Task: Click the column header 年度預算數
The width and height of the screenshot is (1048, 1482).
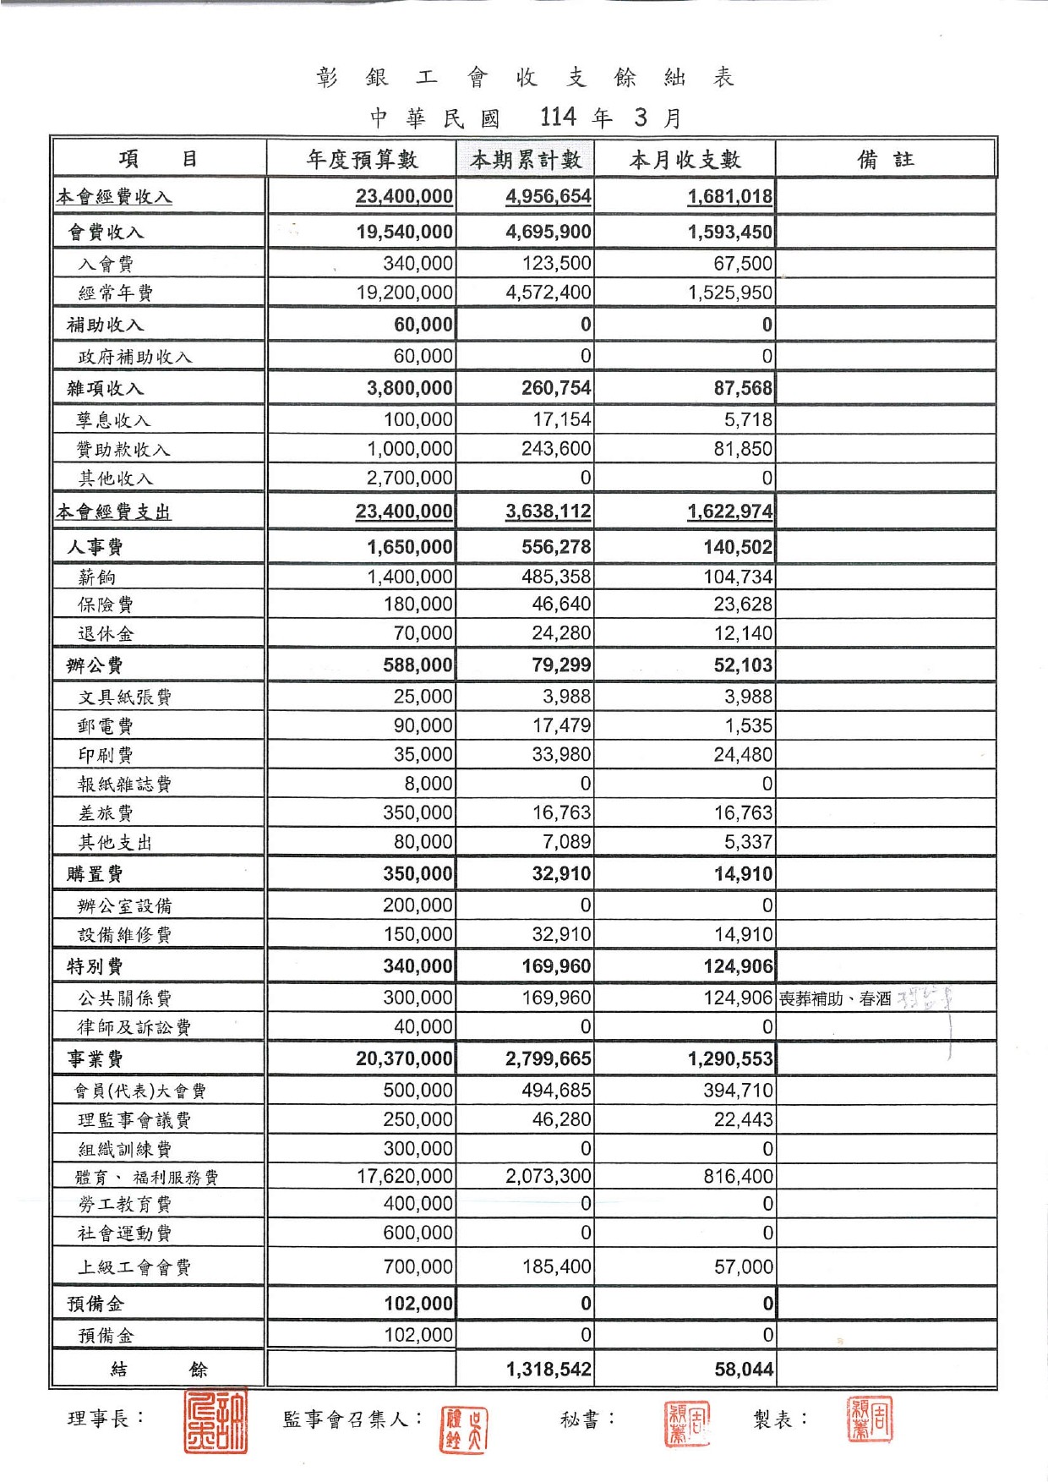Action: pyautogui.click(x=362, y=159)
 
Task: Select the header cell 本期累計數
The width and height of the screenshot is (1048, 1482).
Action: pyautogui.click(x=526, y=159)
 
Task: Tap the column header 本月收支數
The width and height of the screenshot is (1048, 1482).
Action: pyautogui.click(x=685, y=159)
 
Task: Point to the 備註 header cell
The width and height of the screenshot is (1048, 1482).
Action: pyautogui.click(x=885, y=159)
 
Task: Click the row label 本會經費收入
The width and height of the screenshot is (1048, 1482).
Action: pyautogui.click(x=114, y=197)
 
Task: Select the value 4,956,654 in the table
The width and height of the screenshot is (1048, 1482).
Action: pyautogui.click(x=549, y=197)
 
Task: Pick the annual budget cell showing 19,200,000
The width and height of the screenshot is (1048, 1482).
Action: pyautogui.click(x=405, y=293)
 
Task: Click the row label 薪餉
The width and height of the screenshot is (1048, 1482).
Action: pyautogui.click(x=97, y=577)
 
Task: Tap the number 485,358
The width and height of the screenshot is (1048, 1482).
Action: pyautogui.click(x=556, y=577)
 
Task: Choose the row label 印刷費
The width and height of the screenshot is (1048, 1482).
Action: pyautogui.click(x=106, y=755)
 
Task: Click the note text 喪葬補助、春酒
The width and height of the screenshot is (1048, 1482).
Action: pyautogui.click(x=835, y=998)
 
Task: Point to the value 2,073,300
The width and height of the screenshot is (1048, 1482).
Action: pyautogui.click(x=549, y=1176)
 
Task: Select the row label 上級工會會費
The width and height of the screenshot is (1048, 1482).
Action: pyautogui.click(x=134, y=1267)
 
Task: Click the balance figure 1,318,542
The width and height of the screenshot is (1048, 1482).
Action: pyautogui.click(x=549, y=1370)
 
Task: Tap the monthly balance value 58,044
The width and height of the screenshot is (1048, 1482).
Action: pyautogui.click(x=744, y=1370)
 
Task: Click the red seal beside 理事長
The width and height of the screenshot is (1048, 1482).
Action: pyautogui.click(x=216, y=1421)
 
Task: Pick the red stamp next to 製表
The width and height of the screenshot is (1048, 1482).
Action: pyautogui.click(x=870, y=1419)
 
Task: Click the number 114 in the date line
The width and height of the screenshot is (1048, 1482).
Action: pyautogui.click(x=558, y=117)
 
